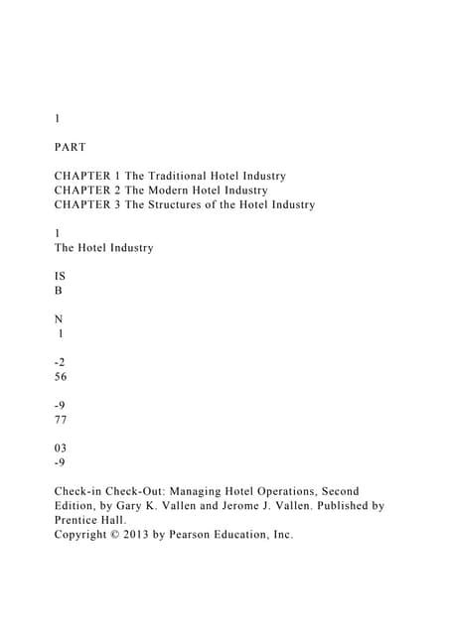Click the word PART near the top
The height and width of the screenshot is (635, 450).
[x=70, y=147]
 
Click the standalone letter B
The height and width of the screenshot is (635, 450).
[x=58, y=291]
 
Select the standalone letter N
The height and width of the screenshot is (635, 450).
[x=59, y=319]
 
